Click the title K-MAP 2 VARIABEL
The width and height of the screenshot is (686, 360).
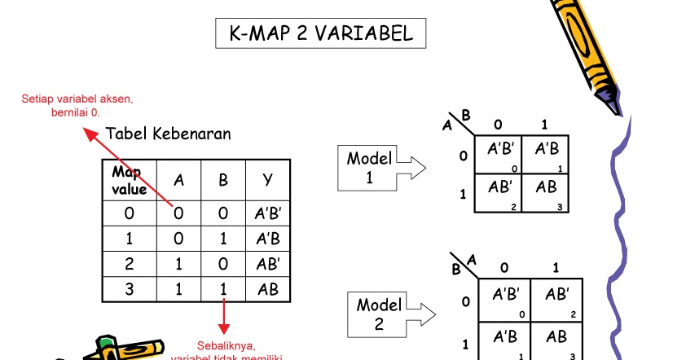click(320, 34)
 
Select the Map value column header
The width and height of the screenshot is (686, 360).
click(129, 181)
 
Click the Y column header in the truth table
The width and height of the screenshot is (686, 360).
click(268, 181)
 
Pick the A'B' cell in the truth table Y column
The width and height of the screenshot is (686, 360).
click(268, 216)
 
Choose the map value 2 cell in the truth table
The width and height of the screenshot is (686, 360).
click(129, 265)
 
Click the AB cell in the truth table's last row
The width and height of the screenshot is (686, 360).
click(268, 288)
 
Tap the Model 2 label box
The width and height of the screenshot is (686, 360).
click(379, 314)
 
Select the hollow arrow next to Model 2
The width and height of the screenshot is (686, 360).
click(424, 314)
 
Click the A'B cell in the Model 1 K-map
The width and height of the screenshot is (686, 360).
click(545, 151)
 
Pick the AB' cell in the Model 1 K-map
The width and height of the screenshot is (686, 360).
click(499, 188)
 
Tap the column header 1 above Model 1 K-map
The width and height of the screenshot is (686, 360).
click(544, 125)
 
